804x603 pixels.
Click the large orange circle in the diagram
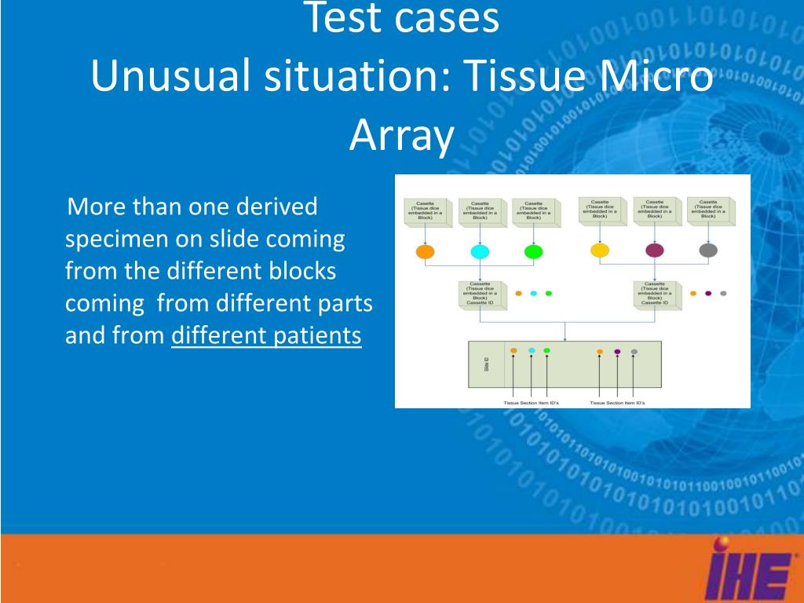pos(424,252)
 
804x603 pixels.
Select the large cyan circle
pos(479,252)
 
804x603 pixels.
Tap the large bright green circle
pos(533,252)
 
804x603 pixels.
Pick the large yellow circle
pos(600,250)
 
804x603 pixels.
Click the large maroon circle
pos(654,250)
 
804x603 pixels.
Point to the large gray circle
pos(708,250)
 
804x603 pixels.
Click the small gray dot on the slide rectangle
pos(634,352)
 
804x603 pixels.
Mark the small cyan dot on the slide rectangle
pos(532,350)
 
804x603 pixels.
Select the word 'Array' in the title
pos(401,135)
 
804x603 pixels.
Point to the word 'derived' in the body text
pos(280,207)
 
